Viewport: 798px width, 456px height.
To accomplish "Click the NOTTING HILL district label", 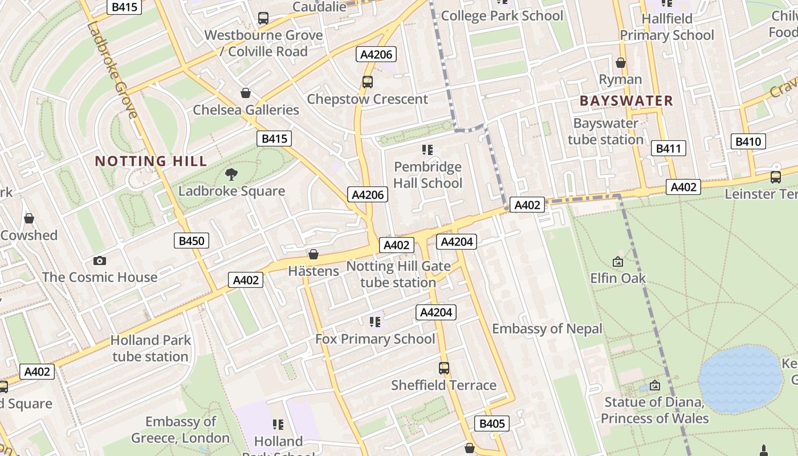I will pyautogui.click(x=151, y=161).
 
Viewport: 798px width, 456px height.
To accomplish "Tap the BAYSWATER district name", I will pyautogui.click(x=626, y=101).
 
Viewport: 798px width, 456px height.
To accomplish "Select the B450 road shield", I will pyautogui.click(x=192, y=241).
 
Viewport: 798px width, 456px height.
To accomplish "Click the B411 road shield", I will pyautogui.click(x=668, y=149).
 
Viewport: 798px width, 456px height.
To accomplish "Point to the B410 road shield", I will pyautogui.click(x=748, y=142).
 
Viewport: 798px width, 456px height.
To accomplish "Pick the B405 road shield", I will pyautogui.click(x=491, y=424).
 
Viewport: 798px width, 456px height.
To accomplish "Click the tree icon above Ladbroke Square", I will pyautogui.click(x=231, y=174).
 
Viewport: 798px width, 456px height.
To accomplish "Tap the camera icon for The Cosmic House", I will pyautogui.click(x=100, y=261).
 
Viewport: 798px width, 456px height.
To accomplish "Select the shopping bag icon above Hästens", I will pyautogui.click(x=313, y=254).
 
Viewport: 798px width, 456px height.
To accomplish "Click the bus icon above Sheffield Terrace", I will pyautogui.click(x=444, y=368).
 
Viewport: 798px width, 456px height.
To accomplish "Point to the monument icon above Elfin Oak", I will pyautogui.click(x=618, y=262).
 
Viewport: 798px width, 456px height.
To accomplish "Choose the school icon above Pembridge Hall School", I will pyautogui.click(x=427, y=150).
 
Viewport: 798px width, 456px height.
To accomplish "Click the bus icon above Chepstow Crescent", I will pyautogui.click(x=368, y=82).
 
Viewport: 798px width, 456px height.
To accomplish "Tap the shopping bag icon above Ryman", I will pyautogui.click(x=620, y=63).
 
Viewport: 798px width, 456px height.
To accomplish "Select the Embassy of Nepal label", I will pyautogui.click(x=547, y=329).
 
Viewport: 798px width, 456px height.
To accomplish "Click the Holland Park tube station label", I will pyautogui.click(x=150, y=348).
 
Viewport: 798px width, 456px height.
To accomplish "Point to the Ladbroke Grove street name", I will pyautogui.click(x=113, y=71).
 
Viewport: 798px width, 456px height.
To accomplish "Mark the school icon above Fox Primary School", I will pyautogui.click(x=374, y=322).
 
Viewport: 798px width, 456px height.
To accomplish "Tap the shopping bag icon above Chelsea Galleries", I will pyautogui.click(x=246, y=93).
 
